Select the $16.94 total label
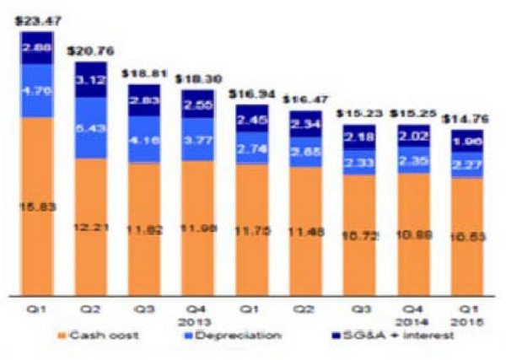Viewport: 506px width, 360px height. pos(252,95)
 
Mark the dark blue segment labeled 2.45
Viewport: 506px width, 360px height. pos(252,119)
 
